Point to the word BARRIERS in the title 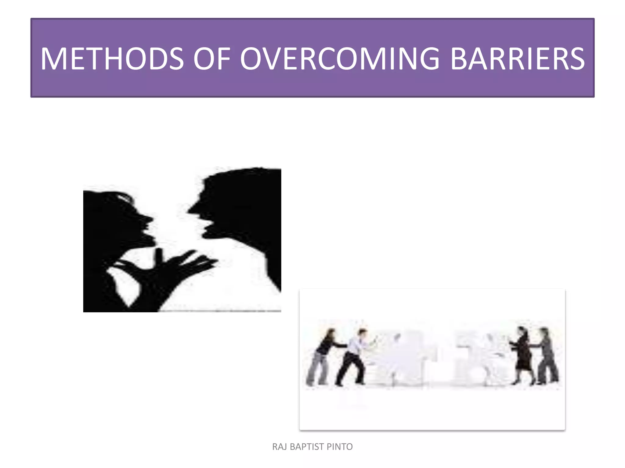pyautogui.click(x=517, y=59)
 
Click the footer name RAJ pyautogui.click(x=279, y=447)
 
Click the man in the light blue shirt pyautogui.click(x=354, y=356)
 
